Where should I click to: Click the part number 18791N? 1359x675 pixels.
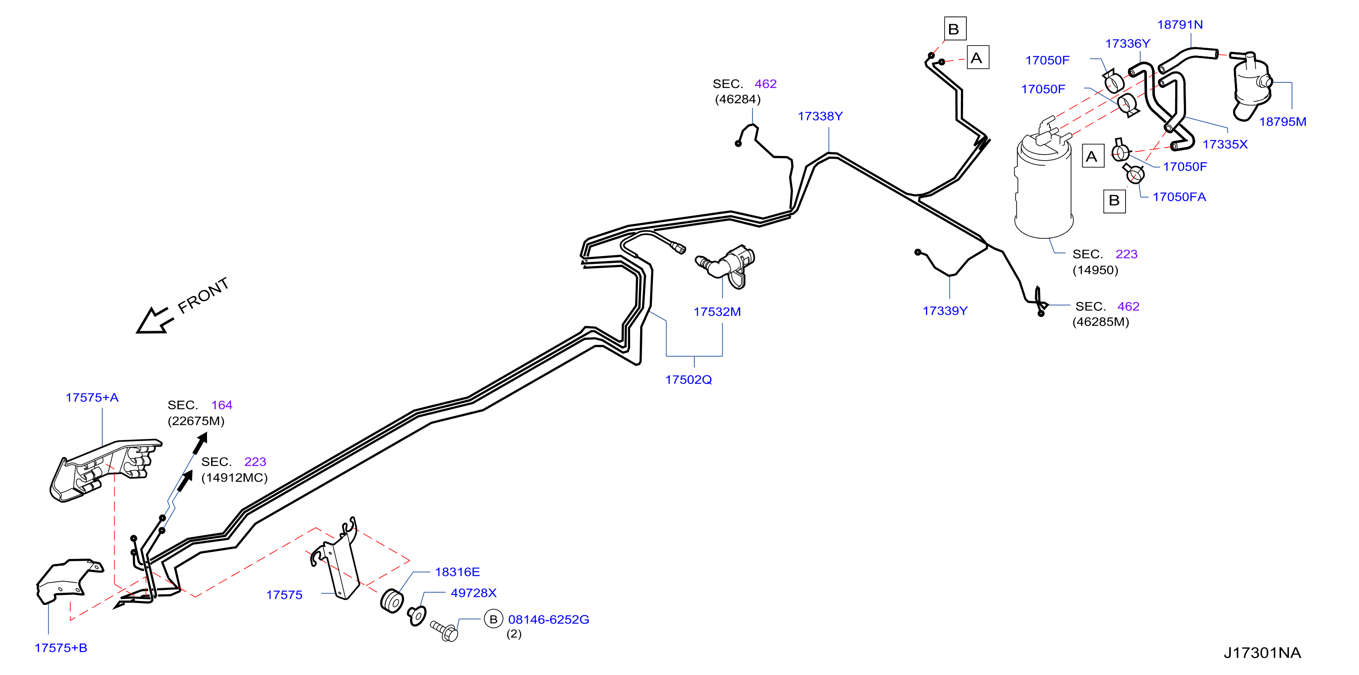1180,25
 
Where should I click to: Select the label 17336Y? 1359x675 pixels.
1127,44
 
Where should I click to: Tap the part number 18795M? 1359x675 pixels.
1283,122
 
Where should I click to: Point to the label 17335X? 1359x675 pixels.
1225,145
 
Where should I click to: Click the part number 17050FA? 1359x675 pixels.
1179,197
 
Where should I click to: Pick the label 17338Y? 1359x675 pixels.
820,116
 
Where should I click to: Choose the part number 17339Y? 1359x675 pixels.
945,311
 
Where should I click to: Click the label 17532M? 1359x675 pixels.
717,312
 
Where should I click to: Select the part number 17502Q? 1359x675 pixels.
688,380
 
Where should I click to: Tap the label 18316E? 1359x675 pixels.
457,572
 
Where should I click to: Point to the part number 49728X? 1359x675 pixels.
473,593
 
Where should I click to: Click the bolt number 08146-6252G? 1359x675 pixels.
549,620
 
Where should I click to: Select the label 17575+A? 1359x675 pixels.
92,398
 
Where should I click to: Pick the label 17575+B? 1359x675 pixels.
61,648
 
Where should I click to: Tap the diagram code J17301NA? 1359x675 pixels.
1262,653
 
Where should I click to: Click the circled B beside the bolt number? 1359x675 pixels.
493,620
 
